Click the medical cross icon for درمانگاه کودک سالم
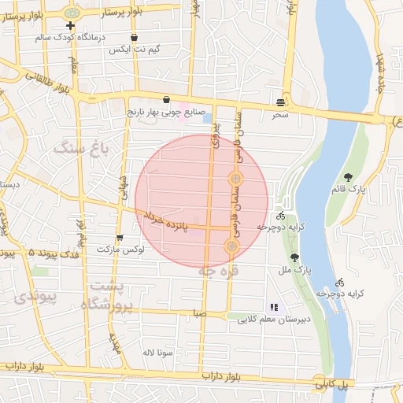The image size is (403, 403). (x=71, y=25)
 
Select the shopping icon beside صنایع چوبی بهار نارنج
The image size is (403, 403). (x=166, y=100)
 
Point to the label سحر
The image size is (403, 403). (x=281, y=115)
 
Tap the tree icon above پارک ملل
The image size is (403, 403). (x=294, y=257)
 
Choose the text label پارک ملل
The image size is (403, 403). (x=298, y=270)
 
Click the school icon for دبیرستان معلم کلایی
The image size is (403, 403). (x=273, y=307)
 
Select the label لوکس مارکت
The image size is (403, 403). (x=118, y=250)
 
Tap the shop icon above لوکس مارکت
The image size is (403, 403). (x=120, y=237)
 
